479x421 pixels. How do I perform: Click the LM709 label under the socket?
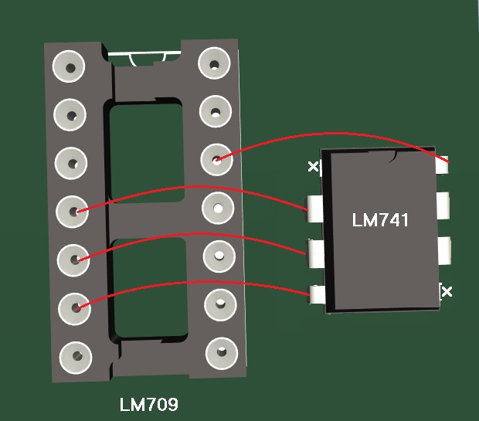click(x=149, y=404)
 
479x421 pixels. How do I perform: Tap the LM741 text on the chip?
click(x=380, y=220)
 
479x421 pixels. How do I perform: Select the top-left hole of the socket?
click(x=69, y=66)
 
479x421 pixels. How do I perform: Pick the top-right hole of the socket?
click(x=214, y=63)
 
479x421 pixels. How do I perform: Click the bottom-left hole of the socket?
click(x=76, y=358)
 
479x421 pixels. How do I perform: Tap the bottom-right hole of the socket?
click(x=222, y=353)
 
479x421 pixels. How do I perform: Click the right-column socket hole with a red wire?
click(x=216, y=159)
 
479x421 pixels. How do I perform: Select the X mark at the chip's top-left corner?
click(x=313, y=167)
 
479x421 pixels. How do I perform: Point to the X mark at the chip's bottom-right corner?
click(x=447, y=291)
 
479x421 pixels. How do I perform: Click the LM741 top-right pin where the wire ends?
click(x=442, y=165)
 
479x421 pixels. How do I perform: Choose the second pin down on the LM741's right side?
click(x=443, y=205)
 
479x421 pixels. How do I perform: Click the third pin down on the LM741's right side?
click(x=444, y=250)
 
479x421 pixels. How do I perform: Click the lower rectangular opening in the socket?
click(x=150, y=288)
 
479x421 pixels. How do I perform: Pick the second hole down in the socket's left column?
click(x=70, y=115)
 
